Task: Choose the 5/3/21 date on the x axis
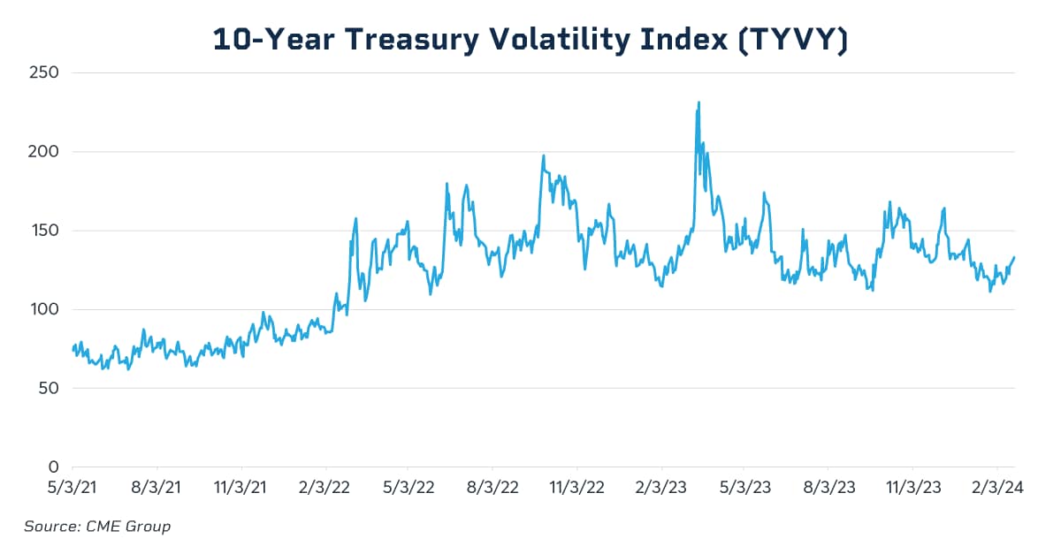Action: (73, 486)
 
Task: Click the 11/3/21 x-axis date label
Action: (241, 486)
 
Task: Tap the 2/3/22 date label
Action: (325, 486)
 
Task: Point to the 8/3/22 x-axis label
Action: (492, 486)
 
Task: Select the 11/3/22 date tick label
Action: (576, 486)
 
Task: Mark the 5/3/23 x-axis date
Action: (744, 486)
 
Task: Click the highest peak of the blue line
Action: (698, 102)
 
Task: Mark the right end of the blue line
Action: (1014, 257)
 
